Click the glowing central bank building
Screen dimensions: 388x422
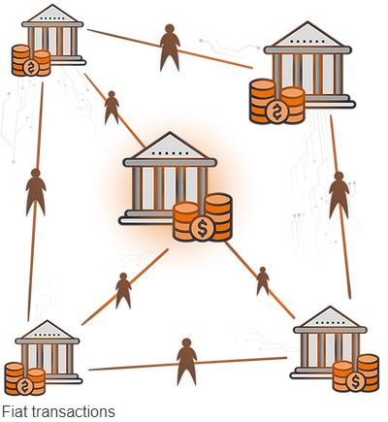[168, 179]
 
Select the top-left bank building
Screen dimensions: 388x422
[52, 35]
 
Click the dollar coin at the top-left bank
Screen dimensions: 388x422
[31, 67]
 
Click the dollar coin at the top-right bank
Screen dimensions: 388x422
[276, 111]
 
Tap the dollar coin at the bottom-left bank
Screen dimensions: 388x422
[25, 386]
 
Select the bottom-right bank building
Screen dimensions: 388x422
[330, 342]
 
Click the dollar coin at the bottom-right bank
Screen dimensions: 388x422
[355, 381]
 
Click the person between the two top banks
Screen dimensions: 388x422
[170, 48]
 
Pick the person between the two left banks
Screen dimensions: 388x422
[36, 192]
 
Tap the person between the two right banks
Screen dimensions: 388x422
[339, 195]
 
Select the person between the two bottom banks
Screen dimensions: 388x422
[186, 362]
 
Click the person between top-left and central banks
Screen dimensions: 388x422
[112, 108]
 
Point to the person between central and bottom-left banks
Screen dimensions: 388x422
[123, 290]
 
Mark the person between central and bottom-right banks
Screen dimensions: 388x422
[263, 281]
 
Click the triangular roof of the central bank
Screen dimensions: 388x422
[170, 146]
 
